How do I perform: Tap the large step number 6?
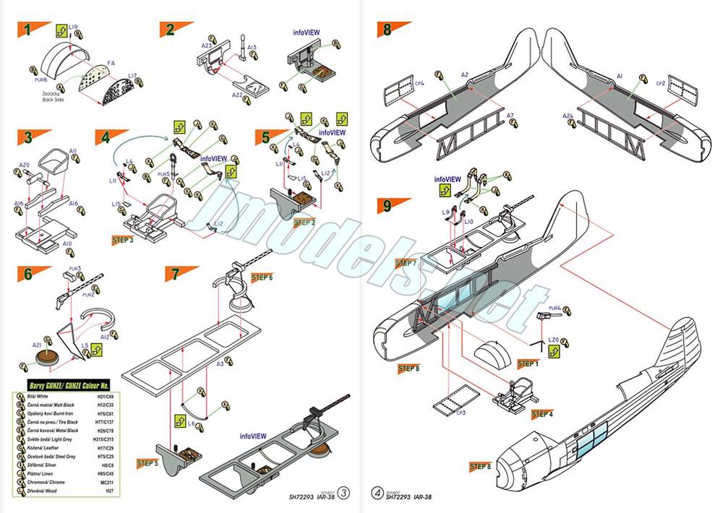tap(27, 274)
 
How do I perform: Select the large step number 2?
tap(171, 30)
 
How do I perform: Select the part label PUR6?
tap(40, 79)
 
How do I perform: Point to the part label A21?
tap(35, 345)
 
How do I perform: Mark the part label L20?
tap(554, 339)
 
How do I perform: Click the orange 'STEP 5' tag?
tap(147, 462)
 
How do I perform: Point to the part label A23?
tap(206, 45)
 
